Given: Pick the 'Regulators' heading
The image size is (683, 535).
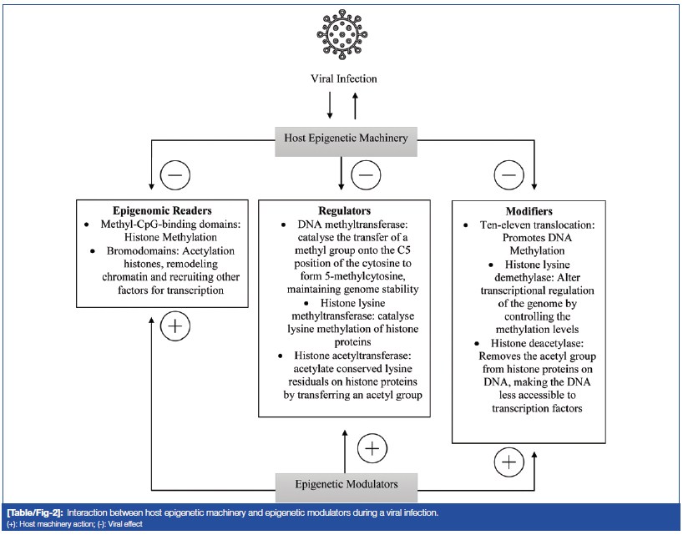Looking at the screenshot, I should click(x=344, y=211).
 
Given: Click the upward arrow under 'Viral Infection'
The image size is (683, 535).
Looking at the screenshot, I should click(x=357, y=106).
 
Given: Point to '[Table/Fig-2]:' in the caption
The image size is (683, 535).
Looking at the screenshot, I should click(x=34, y=511).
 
